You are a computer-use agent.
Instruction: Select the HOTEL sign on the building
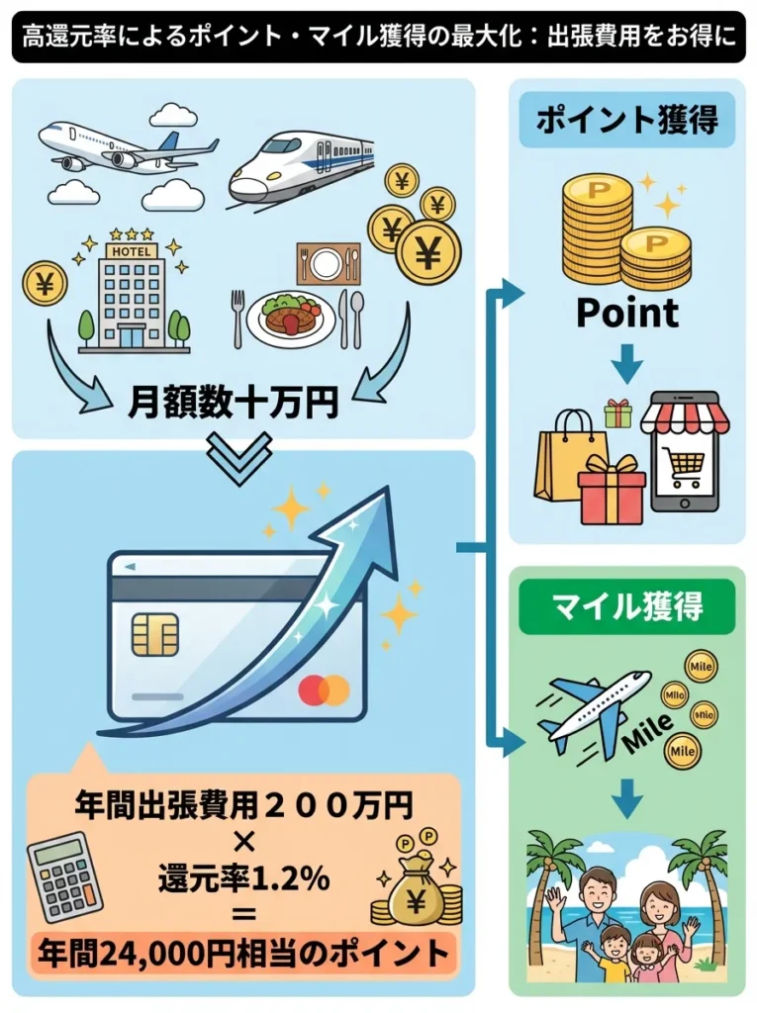[134, 251]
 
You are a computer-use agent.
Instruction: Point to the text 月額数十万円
[234, 403]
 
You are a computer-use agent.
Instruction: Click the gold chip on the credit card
[155, 634]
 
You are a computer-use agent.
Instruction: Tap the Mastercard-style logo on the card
[324, 690]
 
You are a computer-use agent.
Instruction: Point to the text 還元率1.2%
[242, 876]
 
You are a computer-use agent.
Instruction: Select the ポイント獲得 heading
[627, 121]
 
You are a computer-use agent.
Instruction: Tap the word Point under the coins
[627, 313]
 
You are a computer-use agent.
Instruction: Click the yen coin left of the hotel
[46, 283]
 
